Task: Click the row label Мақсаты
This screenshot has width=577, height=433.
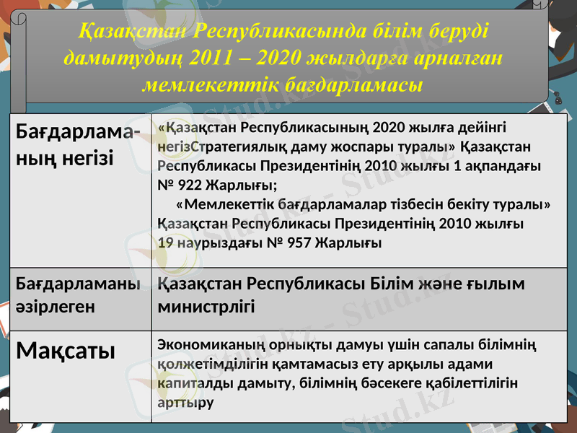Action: coord(66,351)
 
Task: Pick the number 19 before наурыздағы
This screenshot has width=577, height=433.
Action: coord(164,242)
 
